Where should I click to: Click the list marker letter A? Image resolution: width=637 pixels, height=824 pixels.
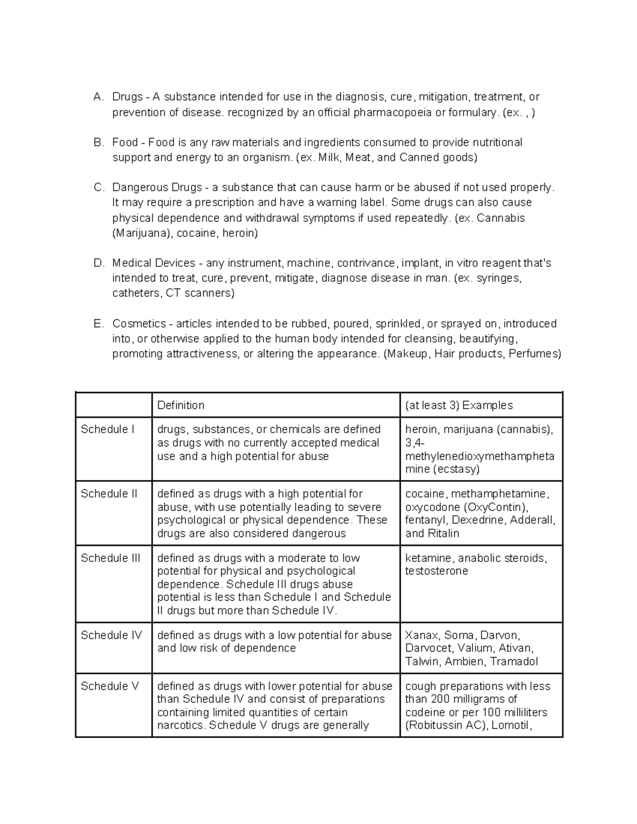pyautogui.click(x=97, y=97)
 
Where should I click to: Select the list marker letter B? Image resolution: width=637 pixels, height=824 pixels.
pyautogui.click(x=97, y=143)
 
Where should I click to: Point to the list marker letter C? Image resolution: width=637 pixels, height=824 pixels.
pyautogui.click(x=97, y=188)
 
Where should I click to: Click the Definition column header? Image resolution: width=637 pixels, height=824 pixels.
pyautogui.click(x=181, y=405)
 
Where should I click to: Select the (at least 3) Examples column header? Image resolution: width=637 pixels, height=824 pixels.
pyautogui.click(x=459, y=405)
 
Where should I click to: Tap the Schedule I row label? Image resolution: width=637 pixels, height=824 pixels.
pyautogui.click(x=105, y=429)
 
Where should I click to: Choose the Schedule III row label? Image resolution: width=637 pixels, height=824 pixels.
pyautogui.click(x=110, y=558)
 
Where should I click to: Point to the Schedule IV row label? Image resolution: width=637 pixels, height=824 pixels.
pyautogui.click(x=111, y=635)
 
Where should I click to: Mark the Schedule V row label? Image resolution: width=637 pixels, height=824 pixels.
pyautogui.click(x=109, y=686)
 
